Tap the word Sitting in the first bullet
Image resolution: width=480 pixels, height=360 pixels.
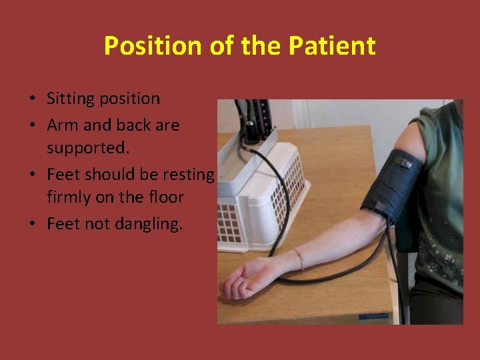[x=69, y=99]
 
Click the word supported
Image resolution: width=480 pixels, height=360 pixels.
[x=87, y=147]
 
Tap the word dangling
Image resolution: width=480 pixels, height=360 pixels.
[x=147, y=224]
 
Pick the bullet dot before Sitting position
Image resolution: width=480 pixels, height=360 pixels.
[x=32, y=99]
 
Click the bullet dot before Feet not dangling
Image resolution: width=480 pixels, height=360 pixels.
[x=32, y=225]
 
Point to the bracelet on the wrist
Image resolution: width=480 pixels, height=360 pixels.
[x=299, y=258]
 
